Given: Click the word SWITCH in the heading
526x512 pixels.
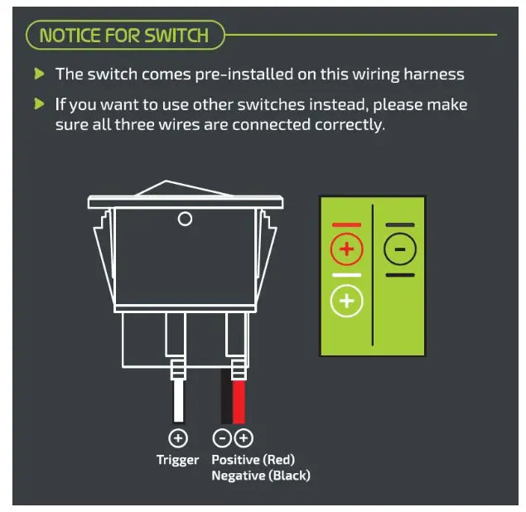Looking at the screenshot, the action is pyautogui.click(x=176, y=36).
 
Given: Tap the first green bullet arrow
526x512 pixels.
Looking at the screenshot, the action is pyautogui.click(x=39, y=74).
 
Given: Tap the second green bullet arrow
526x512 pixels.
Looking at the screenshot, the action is pyautogui.click(x=39, y=104).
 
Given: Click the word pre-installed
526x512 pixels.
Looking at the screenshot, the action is pyautogui.click(x=244, y=75).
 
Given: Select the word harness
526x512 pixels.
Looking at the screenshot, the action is pyautogui.click(x=434, y=75).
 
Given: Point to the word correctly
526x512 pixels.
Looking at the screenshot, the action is pyautogui.click(x=350, y=125).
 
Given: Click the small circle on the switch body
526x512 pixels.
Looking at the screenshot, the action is pyautogui.click(x=185, y=219).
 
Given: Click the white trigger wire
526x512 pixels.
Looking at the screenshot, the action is pyautogui.click(x=178, y=401).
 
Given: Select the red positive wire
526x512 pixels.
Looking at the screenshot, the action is pyautogui.click(x=239, y=402).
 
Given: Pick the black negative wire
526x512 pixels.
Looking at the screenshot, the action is pyautogui.click(x=226, y=396).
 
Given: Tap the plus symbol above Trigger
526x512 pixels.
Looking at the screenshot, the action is pyautogui.click(x=178, y=438).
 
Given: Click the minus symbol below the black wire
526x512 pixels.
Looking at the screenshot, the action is pyautogui.click(x=222, y=438).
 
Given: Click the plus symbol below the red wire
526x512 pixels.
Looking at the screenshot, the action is pyautogui.click(x=244, y=438).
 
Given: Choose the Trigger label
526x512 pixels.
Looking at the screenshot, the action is pyautogui.click(x=178, y=460).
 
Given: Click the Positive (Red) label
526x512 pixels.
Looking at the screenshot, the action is pyautogui.click(x=253, y=459).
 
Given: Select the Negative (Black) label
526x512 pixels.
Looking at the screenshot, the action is pyautogui.click(x=261, y=476).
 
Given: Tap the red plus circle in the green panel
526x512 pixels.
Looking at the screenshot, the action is pyautogui.click(x=347, y=249).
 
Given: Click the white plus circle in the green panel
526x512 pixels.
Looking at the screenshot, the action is pyautogui.click(x=347, y=301).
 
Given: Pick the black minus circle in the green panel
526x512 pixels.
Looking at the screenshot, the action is pyautogui.click(x=400, y=249).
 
